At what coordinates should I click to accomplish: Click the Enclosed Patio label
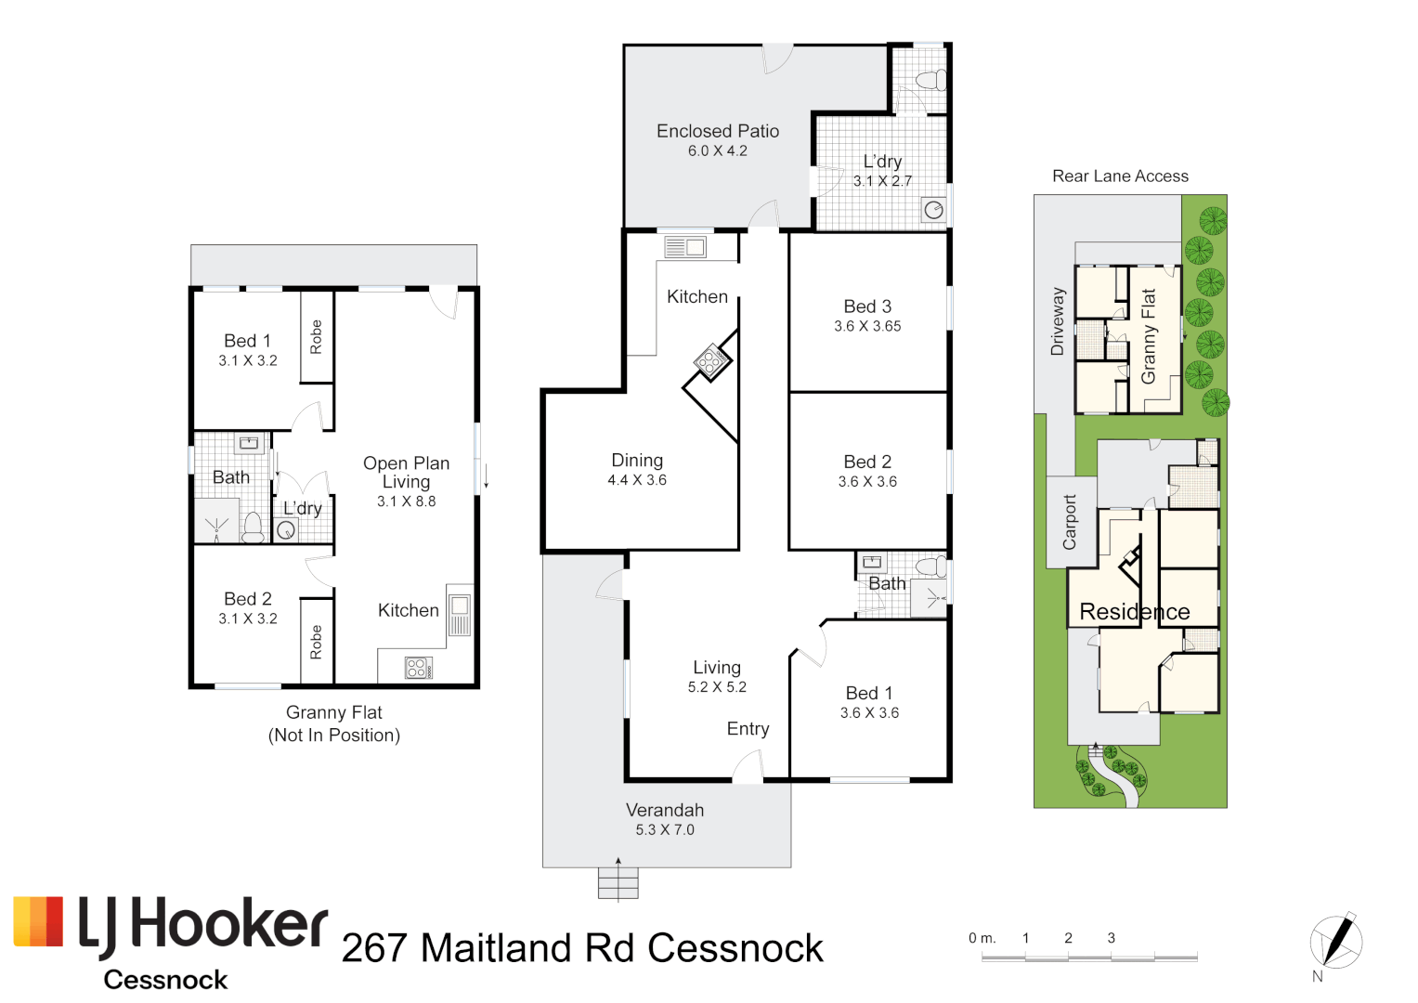coord(717,131)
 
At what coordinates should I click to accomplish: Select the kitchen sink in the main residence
coord(685,247)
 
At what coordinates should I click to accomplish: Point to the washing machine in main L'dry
coord(933,210)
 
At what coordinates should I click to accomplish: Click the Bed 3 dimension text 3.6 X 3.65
coord(867,326)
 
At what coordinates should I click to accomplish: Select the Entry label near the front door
coord(748,729)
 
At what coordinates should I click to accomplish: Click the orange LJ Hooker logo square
coord(38,921)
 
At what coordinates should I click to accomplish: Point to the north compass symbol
coord(1336,941)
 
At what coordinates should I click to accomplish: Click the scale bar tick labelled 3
coord(1111,938)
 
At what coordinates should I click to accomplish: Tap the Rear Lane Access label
coord(1120,176)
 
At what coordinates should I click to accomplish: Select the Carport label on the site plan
coord(1070,522)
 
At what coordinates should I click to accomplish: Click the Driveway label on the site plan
coord(1057,321)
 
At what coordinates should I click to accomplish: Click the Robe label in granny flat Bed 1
coord(316,336)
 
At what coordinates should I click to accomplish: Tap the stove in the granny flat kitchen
coord(417,667)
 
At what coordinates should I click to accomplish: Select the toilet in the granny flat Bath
coord(253,528)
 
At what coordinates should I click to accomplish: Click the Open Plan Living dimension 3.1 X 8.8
coord(406,501)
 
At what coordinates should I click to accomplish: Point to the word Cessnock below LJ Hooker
coord(165,980)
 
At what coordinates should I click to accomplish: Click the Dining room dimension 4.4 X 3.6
coord(637,480)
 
